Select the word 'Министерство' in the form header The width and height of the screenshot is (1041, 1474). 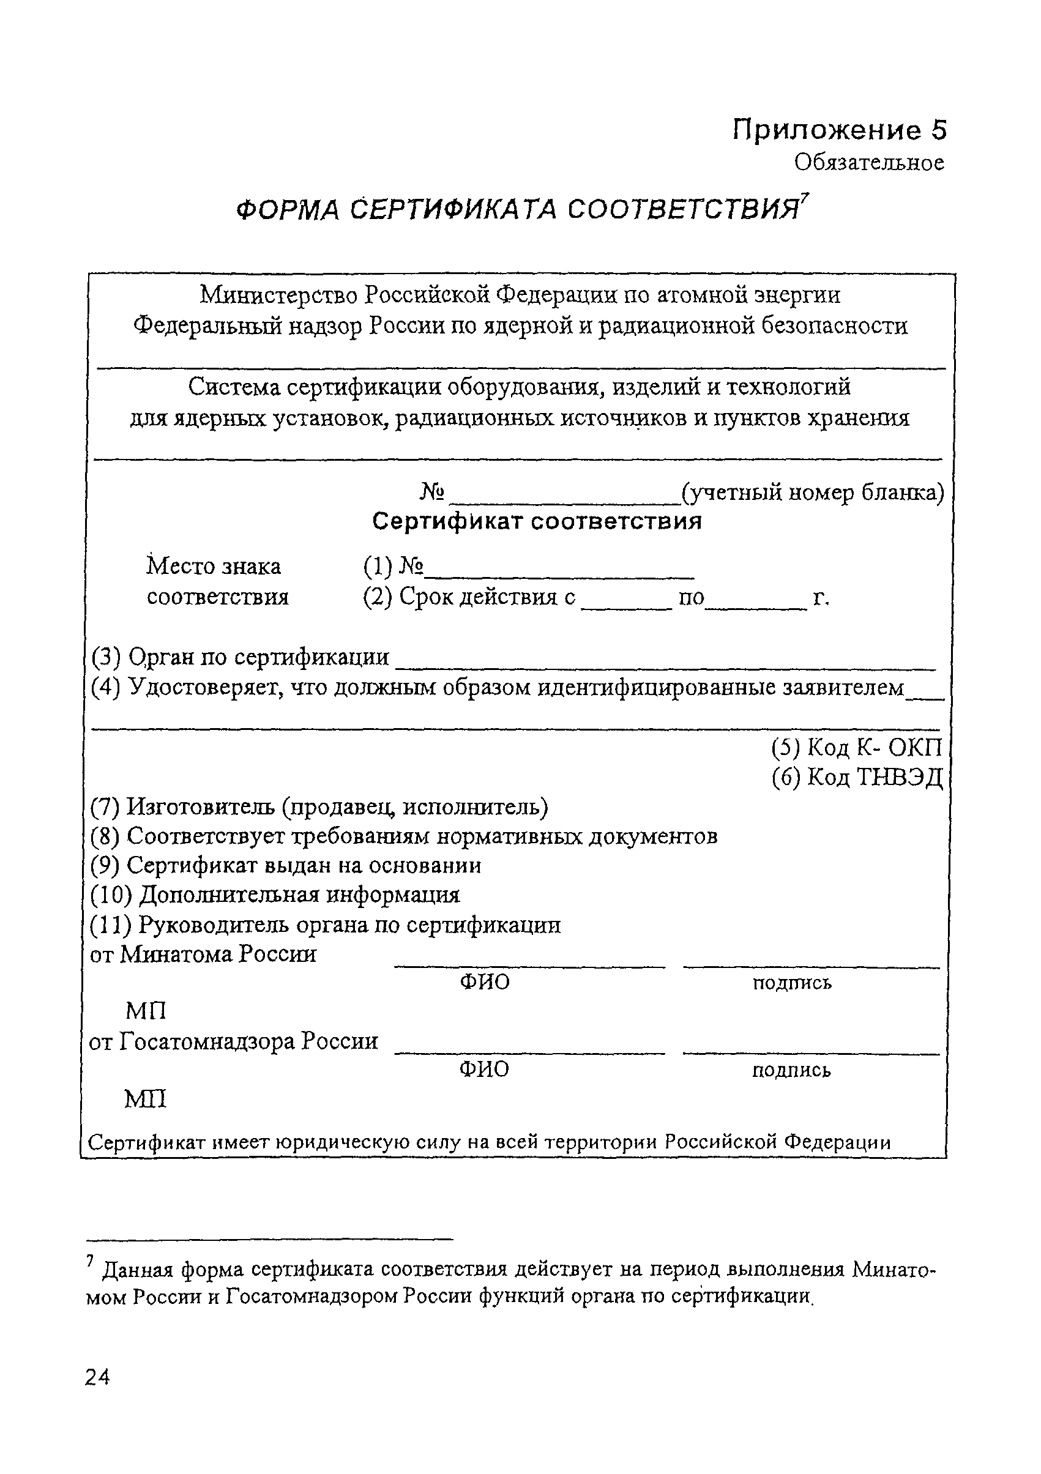(279, 296)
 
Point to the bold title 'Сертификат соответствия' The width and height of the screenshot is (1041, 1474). (537, 521)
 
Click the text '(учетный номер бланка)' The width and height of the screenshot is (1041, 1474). (812, 493)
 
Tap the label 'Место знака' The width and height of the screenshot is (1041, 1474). (214, 566)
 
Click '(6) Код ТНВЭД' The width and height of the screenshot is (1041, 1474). (857, 778)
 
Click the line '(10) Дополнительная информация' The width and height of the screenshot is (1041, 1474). (275, 895)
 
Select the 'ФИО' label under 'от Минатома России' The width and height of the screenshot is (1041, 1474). (485, 981)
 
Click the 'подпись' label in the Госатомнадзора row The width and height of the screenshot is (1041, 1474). (791, 1070)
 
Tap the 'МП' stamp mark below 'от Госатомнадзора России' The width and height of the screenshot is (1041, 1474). (145, 1099)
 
